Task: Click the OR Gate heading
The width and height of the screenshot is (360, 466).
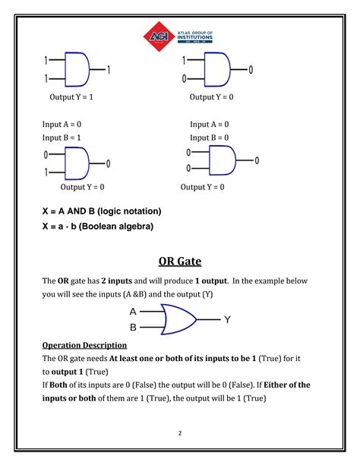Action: [x=179, y=262]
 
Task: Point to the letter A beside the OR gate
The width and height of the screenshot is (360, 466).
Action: [x=133, y=312]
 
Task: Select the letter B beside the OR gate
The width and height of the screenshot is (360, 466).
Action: [x=133, y=328]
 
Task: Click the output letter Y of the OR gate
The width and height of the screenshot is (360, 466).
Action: [x=227, y=320]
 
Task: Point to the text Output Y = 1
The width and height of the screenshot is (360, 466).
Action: [x=71, y=97]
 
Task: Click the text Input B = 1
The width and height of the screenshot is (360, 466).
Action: [x=62, y=138]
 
